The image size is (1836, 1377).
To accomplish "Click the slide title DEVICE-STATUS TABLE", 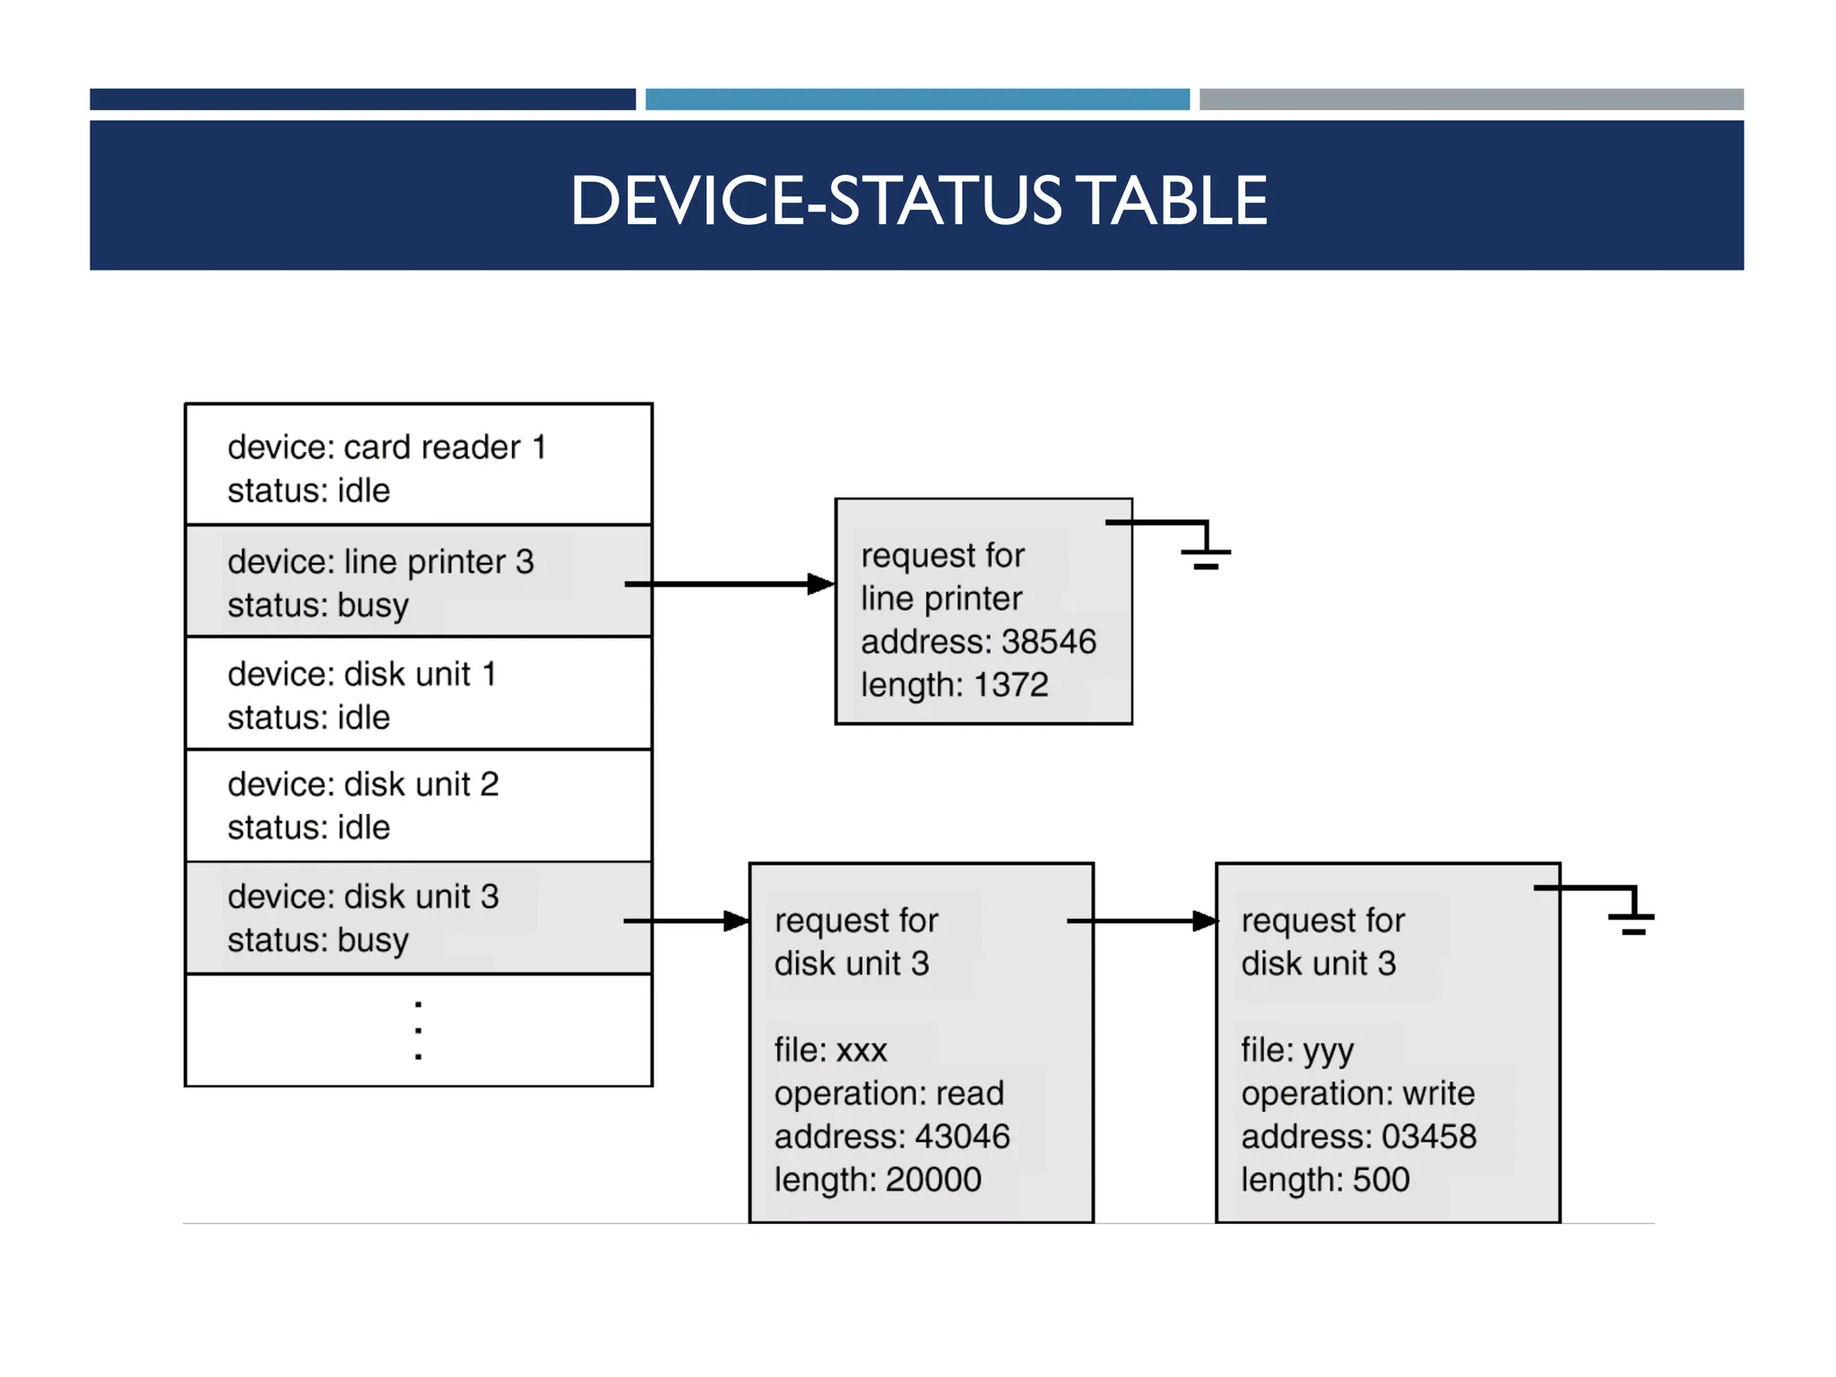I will [918, 199].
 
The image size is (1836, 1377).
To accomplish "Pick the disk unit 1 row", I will [418, 694].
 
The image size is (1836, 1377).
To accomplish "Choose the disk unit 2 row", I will [418, 805].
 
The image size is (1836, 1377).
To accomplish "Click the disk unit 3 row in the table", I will [418, 918].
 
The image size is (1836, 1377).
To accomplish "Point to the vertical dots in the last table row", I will [419, 1031].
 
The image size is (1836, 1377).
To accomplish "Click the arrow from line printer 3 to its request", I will [730, 585].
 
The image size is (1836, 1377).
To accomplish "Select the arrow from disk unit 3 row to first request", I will [687, 921].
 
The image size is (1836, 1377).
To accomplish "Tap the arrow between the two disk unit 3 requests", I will [1142, 921].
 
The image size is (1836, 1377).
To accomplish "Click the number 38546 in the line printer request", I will [1049, 642].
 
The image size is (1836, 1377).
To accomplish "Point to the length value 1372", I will [1010, 685].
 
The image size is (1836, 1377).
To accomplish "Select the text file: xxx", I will [831, 1050].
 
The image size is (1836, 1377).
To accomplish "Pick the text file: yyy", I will [1297, 1050].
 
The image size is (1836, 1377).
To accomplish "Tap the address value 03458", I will [1429, 1137].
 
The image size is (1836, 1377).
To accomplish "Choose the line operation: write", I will [1357, 1094].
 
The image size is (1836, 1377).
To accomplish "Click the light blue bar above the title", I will [917, 99].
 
